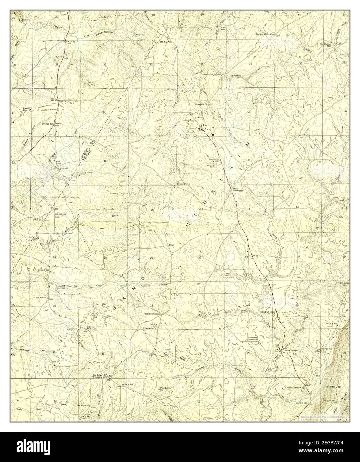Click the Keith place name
click(172, 245)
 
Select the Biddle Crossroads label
click(153, 313)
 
